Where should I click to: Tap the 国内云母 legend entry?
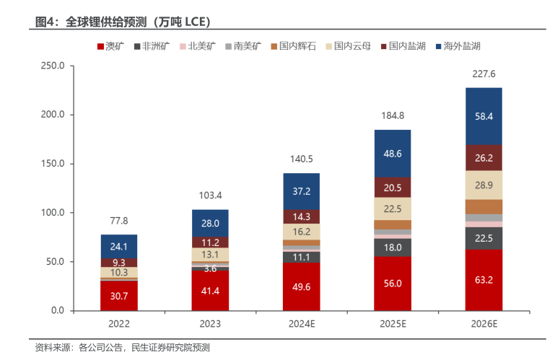348,47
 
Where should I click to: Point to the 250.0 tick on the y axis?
52,66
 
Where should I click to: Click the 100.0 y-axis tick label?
52,213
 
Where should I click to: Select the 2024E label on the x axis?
301,325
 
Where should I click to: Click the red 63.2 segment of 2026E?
484,280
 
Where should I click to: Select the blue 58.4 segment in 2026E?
484,116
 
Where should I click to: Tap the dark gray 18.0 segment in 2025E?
392,247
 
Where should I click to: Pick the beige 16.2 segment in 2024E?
301,232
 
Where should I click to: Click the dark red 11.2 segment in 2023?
210,242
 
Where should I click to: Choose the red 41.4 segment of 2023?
210,290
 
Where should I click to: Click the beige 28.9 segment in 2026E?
484,185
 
